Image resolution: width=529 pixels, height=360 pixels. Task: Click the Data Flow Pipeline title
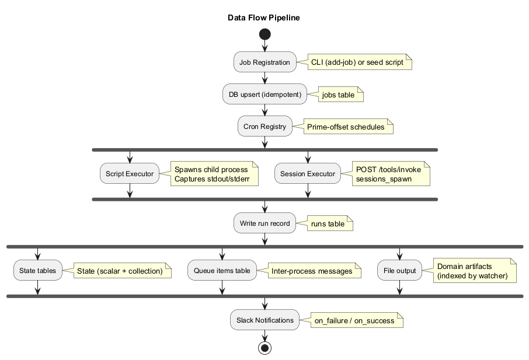point(264,18)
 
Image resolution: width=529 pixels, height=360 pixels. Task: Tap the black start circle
point(264,34)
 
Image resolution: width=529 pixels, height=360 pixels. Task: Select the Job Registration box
point(264,62)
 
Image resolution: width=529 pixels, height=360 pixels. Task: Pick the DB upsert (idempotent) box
point(264,94)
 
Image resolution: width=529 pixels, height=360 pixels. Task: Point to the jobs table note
point(338,95)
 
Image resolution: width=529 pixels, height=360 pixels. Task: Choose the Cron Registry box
point(264,126)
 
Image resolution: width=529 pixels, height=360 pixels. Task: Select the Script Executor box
point(129,173)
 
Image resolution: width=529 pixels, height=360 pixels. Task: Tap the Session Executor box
point(308,173)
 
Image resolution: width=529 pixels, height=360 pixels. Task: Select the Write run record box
point(264,223)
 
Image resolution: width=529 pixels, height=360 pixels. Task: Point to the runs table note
point(328,223)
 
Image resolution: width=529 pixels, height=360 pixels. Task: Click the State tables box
point(38,271)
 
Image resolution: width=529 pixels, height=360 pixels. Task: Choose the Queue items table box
point(222,271)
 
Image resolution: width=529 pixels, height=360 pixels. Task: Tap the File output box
point(399,271)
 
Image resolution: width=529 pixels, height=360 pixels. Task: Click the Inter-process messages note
point(311,271)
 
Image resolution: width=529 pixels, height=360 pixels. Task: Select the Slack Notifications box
point(264,320)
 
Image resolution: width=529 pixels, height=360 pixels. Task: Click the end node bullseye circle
point(264,348)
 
